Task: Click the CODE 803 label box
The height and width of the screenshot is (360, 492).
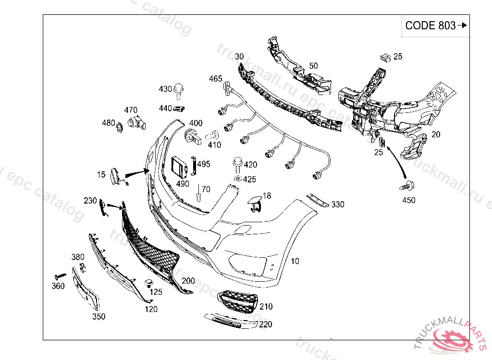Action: (x=435, y=26)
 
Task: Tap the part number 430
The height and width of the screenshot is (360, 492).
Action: (x=165, y=89)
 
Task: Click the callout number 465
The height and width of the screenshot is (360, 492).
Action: (x=216, y=79)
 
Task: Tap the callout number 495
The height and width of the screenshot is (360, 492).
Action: (x=204, y=164)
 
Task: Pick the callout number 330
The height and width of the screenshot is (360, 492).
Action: (x=338, y=204)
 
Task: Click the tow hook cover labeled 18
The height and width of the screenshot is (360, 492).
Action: (x=255, y=204)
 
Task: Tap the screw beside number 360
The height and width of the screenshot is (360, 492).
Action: (x=61, y=276)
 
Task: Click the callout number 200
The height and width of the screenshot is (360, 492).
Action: (x=188, y=281)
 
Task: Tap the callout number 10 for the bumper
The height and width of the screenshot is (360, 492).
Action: (x=295, y=261)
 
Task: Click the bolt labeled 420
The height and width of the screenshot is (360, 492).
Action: (x=237, y=163)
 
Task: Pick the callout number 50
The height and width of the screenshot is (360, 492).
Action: (x=313, y=65)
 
